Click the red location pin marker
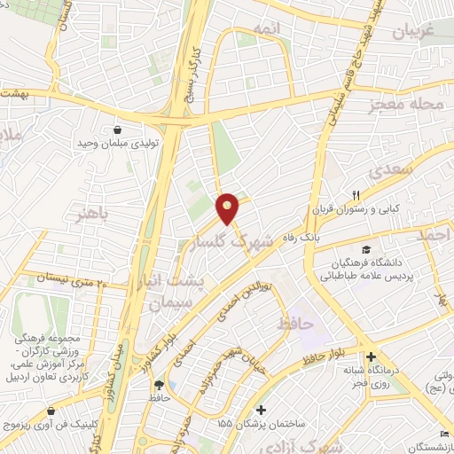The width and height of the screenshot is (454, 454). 229,209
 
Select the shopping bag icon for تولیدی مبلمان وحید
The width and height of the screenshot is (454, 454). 117,129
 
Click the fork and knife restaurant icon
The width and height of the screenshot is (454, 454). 355,196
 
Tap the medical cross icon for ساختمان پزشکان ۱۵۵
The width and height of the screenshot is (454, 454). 261,411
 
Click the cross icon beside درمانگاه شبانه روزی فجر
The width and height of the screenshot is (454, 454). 370,357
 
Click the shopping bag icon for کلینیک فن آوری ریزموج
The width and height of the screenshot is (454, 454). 51,411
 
